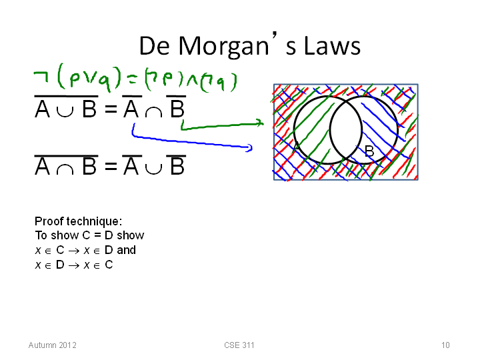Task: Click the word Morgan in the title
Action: coord(223,47)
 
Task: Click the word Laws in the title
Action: coord(332,46)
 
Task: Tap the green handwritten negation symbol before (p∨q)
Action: coord(41,77)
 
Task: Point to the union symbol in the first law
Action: coord(65,112)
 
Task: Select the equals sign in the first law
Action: coord(111,109)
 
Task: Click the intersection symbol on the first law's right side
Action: coord(153,112)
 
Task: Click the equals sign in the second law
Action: coord(111,166)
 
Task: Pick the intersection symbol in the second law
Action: coord(65,169)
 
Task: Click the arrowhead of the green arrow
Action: coord(261,123)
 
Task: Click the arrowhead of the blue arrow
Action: coord(249,148)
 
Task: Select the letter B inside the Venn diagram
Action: coord(369,151)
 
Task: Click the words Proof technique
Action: coord(79,221)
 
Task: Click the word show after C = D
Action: coord(131,235)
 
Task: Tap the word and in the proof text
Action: coord(127,250)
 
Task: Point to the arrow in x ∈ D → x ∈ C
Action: coord(74,265)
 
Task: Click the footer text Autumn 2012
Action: coord(53,345)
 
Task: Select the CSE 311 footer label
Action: coord(239,345)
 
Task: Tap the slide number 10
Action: coord(445,345)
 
